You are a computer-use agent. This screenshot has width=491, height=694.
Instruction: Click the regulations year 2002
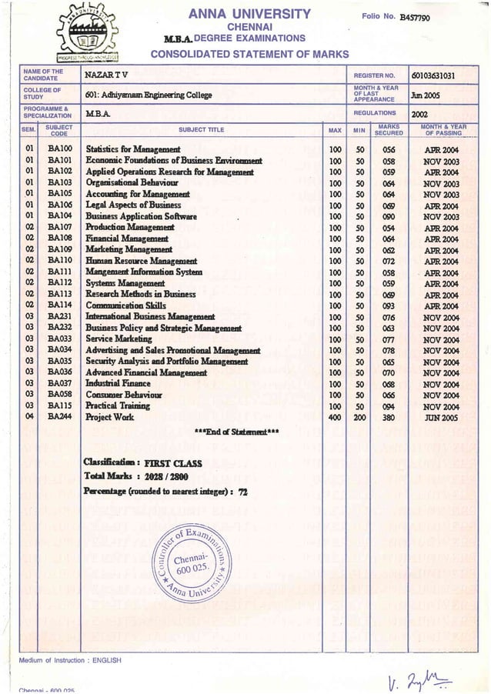pos(420,114)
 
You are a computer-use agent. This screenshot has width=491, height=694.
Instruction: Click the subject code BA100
pos(59,148)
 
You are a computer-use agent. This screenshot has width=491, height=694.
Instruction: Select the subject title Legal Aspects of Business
pos(133,205)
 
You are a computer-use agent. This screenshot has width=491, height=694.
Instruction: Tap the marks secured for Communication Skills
pos(388,305)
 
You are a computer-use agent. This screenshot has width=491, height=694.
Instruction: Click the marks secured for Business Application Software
pos(388,216)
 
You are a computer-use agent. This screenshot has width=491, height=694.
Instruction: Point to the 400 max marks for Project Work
pos(335,417)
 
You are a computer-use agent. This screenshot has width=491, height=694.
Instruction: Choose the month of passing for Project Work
pos(440,417)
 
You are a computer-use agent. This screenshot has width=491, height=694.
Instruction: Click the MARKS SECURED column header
pos(388,130)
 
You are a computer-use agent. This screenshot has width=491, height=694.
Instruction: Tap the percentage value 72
pos(243,492)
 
